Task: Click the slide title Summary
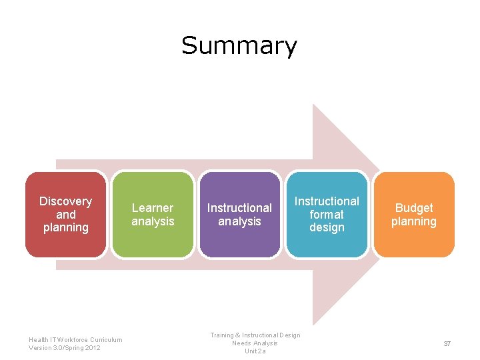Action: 239,46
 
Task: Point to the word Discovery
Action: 65,201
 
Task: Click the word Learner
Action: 153,208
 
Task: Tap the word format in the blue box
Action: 327,215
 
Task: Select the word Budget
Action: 414,208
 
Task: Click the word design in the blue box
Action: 327,227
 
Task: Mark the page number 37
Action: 447,343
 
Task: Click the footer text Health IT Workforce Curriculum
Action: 75,339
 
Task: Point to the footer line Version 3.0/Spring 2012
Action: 65,348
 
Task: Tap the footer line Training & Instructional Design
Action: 255,335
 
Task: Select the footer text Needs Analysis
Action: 255,343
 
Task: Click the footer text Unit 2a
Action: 255,351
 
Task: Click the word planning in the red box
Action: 65,228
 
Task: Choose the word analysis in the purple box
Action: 239,221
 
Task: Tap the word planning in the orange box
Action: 414,221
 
